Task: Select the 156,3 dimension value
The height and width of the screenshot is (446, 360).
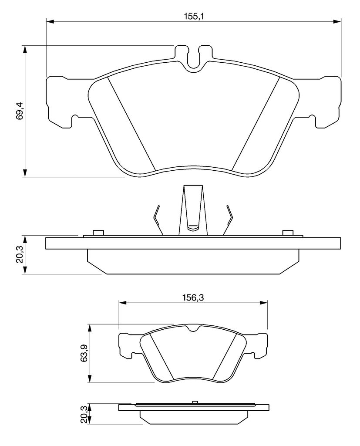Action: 193,297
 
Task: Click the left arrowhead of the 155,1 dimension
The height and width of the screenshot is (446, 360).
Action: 50,21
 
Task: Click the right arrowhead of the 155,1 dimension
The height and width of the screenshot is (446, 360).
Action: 337,21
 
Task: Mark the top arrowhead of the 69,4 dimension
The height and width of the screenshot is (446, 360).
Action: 25,49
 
